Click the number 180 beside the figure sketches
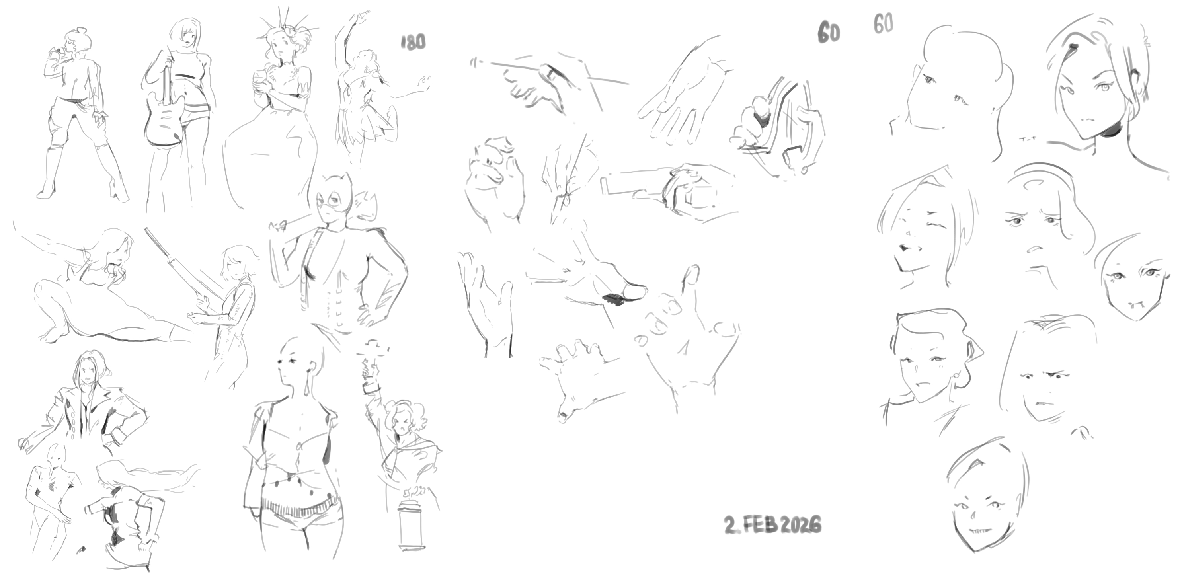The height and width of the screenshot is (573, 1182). [413, 42]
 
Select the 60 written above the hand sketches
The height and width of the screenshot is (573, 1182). [829, 33]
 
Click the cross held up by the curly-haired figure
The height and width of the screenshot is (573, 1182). [374, 356]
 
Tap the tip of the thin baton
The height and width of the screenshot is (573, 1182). [472, 60]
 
